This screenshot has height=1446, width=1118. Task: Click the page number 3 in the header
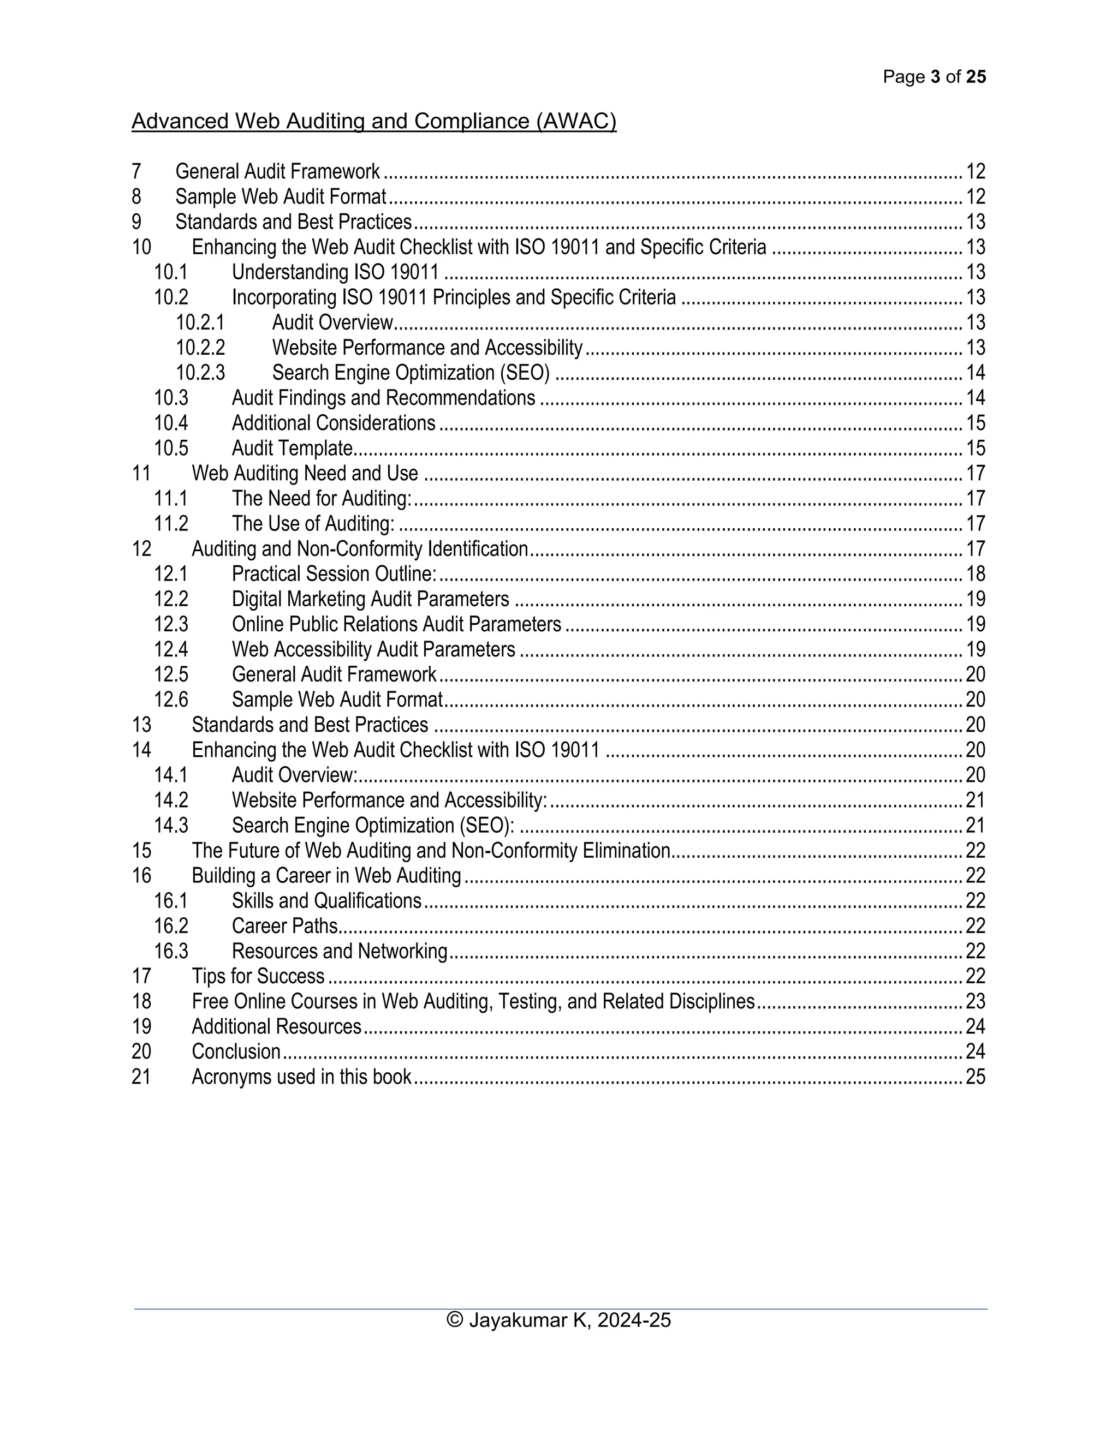935,77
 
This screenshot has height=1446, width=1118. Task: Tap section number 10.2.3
200,373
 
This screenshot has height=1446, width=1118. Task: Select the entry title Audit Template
292,448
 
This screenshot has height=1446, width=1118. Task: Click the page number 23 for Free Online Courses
975,1001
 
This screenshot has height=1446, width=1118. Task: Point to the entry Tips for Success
258,976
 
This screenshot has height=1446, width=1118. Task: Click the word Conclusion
236,1051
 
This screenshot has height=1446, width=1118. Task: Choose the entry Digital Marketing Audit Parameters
370,599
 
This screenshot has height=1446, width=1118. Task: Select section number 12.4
171,649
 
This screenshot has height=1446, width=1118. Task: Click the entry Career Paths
285,925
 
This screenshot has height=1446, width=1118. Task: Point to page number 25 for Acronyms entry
975,1077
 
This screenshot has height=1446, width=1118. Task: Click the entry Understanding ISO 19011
335,272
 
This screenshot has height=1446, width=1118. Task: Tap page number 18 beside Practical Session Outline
975,574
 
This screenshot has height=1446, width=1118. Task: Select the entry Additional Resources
276,1026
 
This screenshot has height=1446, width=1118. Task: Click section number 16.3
171,951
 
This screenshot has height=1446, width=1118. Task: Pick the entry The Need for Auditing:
321,499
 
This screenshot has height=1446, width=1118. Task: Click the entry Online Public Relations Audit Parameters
396,624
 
